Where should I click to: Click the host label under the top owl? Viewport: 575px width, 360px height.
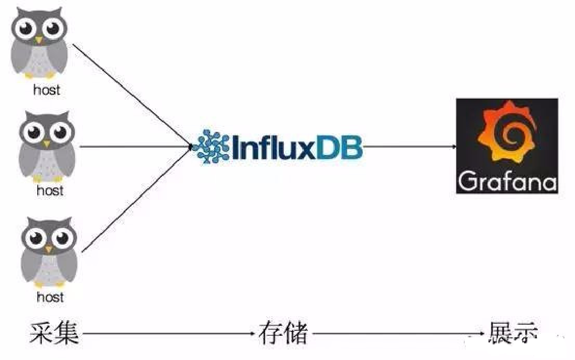pos(46,90)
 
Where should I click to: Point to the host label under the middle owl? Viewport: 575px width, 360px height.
pos(50,191)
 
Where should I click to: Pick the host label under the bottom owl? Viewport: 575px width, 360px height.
pos(50,297)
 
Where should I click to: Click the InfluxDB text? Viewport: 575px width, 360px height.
pos(297,147)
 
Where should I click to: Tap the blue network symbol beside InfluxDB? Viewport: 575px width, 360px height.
pos(212,147)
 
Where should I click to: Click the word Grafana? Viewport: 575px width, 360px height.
pos(507,182)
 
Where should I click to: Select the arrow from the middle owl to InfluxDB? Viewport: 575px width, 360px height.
pos(136,147)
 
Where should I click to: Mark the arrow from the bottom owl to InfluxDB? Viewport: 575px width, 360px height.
pos(136,199)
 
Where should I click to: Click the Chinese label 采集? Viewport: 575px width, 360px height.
pos(54,333)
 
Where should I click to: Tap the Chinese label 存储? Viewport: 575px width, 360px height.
pos(283,333)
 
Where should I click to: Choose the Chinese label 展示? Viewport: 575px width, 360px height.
pos(512,333)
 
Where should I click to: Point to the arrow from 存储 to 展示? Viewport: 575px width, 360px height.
pos(397,333)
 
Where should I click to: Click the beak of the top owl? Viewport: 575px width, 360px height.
pos(38,39)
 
